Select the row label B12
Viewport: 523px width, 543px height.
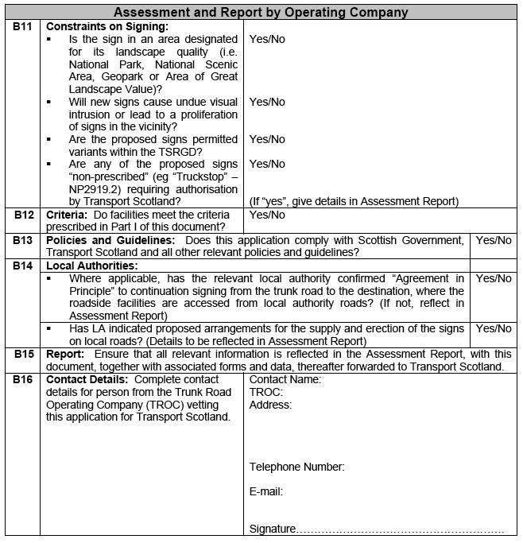(x=23, y=215)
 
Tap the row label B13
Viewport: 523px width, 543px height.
(x=23, y=240)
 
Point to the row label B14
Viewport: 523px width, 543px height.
(x=23, y=266)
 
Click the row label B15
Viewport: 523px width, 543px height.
(x=23, y=354)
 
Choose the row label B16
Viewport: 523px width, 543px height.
(x=23, y=379)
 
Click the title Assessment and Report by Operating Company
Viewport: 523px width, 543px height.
(x=261, y=12)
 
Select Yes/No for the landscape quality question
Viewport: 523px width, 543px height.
(x=267, y=39)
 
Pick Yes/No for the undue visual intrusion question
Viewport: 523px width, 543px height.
(x=267, y=102)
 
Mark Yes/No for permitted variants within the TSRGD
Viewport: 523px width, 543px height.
(x=267, y=139)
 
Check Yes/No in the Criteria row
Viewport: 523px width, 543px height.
(x=267, y=215)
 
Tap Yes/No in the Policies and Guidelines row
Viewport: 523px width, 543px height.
(x=493, y=240)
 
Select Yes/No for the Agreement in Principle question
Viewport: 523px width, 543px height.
(x=493, y=278)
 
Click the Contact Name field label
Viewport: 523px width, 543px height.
(x=285, y=379)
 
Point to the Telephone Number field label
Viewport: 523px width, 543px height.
(x=296, y=467)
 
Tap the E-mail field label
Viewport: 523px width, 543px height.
(x=265, y=491)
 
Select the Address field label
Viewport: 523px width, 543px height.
(x=270, y=405)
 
